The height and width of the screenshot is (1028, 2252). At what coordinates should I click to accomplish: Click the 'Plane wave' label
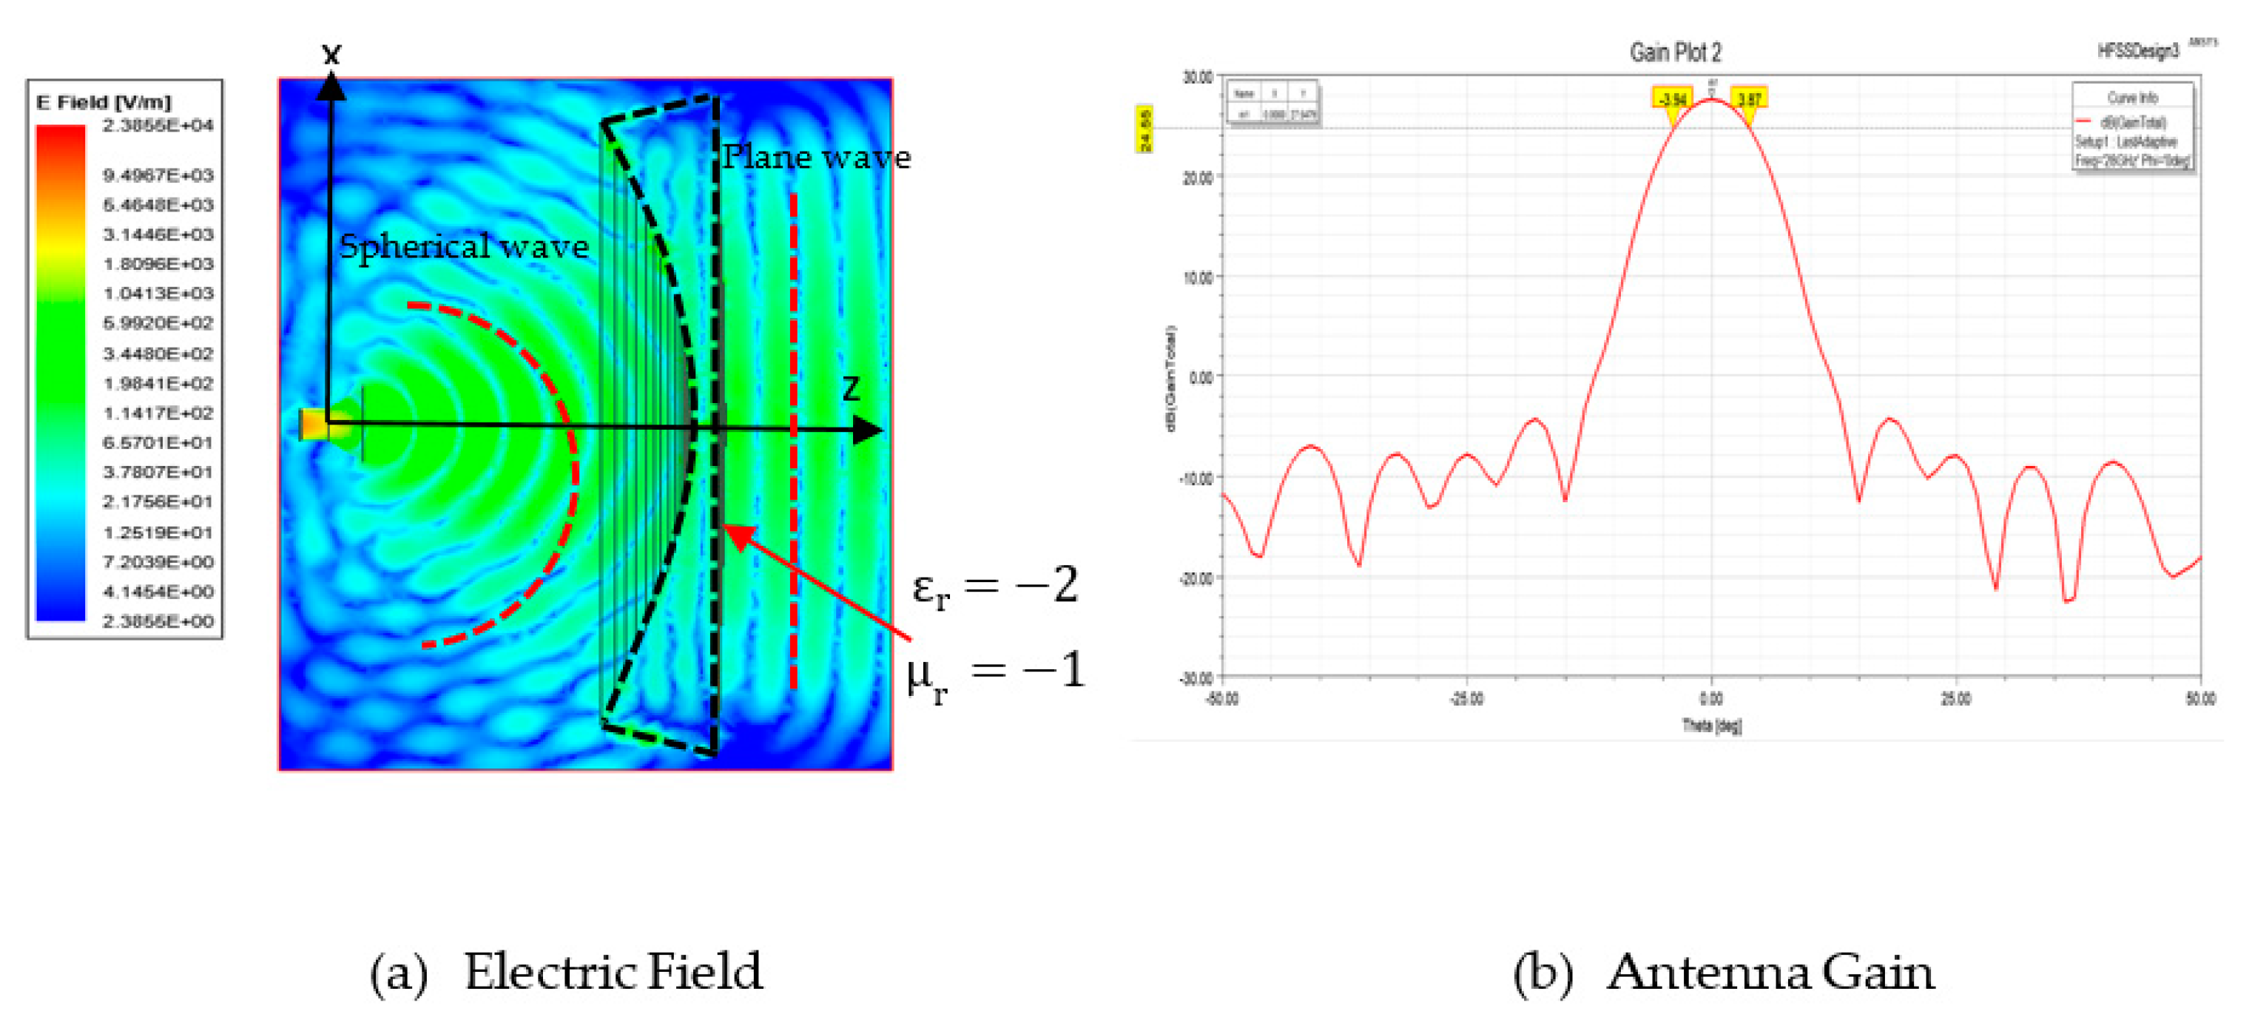(816, 158)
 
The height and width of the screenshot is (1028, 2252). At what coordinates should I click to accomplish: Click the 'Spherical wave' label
(463, 246)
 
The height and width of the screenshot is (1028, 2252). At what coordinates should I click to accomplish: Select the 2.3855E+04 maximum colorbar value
(158, 126)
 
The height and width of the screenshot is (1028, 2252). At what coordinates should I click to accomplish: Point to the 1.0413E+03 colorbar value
(158, 294)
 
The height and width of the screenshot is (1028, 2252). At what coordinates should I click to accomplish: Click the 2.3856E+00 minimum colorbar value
(158, 621)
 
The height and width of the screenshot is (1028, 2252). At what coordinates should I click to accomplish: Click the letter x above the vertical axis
(331, 55)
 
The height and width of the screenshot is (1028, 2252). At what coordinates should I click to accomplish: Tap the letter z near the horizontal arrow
(851, 388)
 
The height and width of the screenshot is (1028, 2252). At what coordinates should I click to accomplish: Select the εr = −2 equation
(994, 586)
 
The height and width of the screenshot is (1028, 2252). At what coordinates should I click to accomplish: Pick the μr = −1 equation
(996, 674)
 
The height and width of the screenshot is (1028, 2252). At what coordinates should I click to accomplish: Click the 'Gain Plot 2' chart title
(1674, 53)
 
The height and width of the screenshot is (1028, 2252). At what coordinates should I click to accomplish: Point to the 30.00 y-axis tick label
(1197, 78)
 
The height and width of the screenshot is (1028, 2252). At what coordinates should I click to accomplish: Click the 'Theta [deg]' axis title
(1711, 726)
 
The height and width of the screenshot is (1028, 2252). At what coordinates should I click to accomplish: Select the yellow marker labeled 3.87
(1748, 100)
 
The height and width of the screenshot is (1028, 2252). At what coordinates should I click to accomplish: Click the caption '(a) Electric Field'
(566, 972)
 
